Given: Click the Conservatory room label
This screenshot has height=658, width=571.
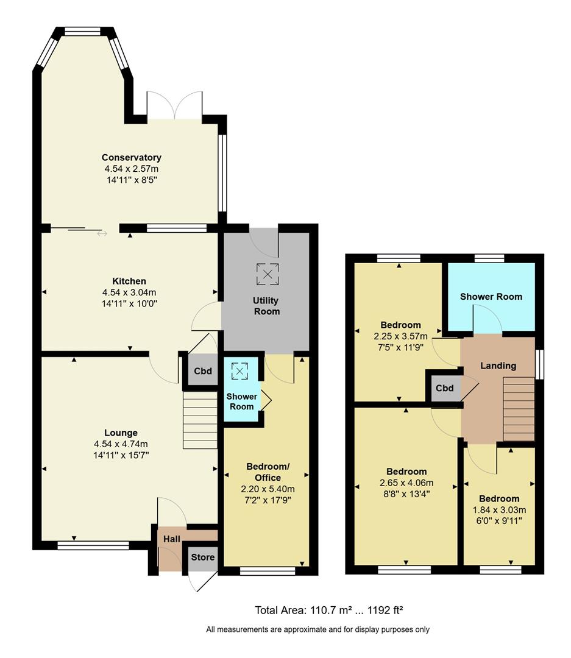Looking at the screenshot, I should [131, 158].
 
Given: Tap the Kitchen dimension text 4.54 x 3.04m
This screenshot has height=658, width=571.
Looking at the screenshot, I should [129, 292].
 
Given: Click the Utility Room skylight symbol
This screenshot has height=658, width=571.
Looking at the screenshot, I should [267, 274].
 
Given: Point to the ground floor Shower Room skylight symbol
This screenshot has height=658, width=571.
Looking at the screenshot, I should [241, 370].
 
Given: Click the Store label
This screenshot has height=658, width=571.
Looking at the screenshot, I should [202, 557].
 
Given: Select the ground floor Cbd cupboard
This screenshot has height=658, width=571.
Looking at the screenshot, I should [202, 371].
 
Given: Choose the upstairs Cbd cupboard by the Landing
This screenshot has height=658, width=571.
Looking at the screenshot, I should [444, 389].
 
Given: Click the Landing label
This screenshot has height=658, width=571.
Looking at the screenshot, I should [498, 366].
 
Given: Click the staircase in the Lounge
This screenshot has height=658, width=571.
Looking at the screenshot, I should [200, 420].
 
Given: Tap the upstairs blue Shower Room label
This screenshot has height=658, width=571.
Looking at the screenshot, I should [491, 297].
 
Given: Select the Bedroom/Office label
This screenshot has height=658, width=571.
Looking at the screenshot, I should [268, 472].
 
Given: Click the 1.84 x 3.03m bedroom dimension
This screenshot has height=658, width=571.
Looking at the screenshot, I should [499, 510].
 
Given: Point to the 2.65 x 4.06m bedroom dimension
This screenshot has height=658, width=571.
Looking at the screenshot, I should [406, 483].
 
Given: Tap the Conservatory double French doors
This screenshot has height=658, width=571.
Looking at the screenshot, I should [174, 106].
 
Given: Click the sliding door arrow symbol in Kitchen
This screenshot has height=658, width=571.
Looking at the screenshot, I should [101, 233].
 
